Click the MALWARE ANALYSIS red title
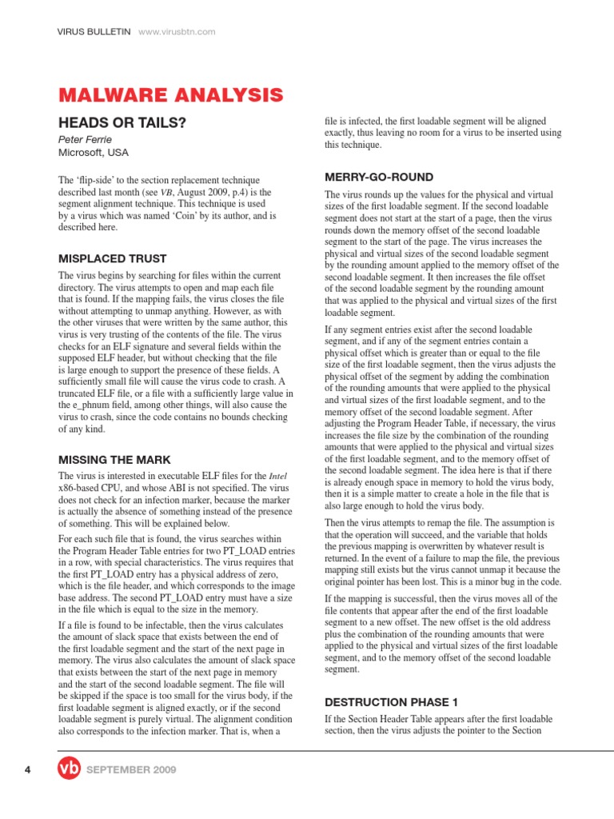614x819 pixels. coord(170,96)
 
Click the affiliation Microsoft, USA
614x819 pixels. coord(93,152)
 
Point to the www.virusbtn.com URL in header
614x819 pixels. coord(177,31)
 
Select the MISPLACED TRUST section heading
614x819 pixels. coord(113,258)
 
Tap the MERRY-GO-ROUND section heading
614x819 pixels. coord(379,177)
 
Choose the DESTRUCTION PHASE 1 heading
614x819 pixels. coord(391,702)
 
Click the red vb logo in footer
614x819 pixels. coord(70,769)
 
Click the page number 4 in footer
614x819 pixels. coord(27,769)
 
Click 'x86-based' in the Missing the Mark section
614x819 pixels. coord(82,487)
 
